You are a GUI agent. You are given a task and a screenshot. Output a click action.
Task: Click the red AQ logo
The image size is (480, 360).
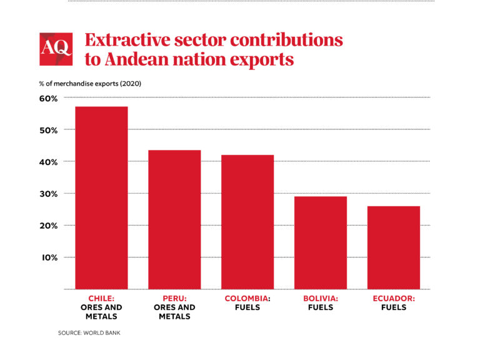tap(56, 49)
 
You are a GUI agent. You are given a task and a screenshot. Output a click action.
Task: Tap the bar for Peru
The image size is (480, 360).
tap(174, 219)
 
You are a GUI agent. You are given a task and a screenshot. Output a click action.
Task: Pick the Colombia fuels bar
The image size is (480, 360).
tap(247, 222)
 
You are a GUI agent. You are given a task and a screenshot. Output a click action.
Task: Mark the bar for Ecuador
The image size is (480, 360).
tap(394, 247)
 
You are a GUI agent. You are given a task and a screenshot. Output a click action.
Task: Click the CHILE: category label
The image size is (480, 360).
tap(101, 299)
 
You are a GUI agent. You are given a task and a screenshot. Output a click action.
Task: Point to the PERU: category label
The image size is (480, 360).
tap(174, 299)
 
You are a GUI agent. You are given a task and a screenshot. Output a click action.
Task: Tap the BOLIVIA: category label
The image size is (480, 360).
tap(321, 299)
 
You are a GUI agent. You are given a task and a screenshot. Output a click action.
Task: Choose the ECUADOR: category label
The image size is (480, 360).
tap(394, 299)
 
